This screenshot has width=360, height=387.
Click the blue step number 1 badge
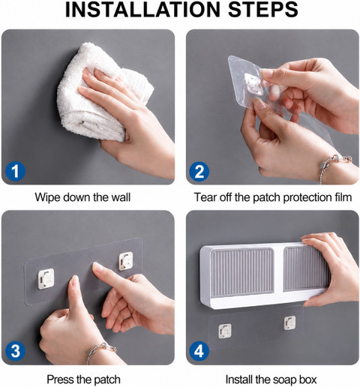[x=15, y=172]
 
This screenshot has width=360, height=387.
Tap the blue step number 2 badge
[x=199, y=172]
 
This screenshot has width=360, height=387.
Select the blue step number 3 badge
[x=15, y=351]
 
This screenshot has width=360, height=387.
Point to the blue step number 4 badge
[x=199, y=351]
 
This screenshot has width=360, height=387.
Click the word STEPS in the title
[x=263, y=10]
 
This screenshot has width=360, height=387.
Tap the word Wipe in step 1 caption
[x=47, y=197]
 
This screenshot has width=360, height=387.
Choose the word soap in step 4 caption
[x=280, y=379]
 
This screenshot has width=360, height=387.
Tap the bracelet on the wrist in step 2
[x=335, y=166]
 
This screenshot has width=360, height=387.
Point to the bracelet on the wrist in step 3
[x=100, y=351]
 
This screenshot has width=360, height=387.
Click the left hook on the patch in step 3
[x=46, y=279]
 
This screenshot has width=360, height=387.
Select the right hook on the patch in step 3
[x=126, y=261]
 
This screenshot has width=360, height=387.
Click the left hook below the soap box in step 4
[x=225, y=331]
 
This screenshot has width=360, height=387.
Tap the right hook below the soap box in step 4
[x=289, y=322]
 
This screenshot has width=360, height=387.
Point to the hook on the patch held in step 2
[x=253, y=85]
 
